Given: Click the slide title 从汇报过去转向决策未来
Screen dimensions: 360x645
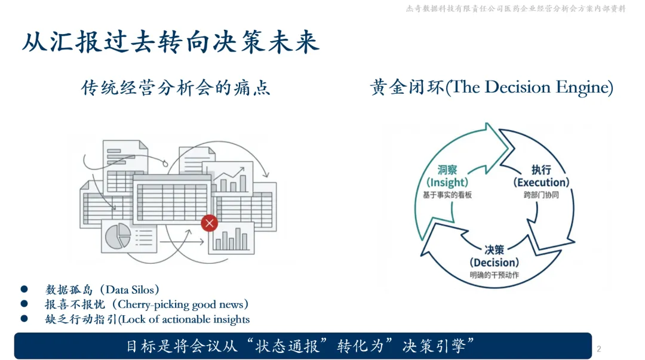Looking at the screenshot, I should [171, 43].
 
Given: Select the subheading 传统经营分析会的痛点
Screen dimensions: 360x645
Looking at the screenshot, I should [176, 88].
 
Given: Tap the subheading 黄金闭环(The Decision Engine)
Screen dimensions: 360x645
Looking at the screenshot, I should [492, 88].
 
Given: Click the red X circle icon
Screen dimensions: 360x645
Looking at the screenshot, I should [209, 223].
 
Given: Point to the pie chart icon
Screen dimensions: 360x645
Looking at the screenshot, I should [118, 236].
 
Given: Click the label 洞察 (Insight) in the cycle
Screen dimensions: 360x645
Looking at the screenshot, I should [447, 176].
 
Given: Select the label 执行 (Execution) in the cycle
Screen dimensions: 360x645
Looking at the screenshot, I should [541, 176].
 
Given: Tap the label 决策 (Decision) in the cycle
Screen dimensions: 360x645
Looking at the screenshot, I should [494, 257].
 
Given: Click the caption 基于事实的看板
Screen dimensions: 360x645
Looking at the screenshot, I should [447, 195].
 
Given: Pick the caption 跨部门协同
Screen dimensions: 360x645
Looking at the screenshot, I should [541, 195].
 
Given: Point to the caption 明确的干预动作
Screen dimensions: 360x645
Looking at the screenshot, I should [494, 275].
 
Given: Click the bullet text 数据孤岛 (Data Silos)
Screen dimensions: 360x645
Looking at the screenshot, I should [103, 290].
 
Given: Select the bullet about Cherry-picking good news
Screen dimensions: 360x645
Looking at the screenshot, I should [147, 304].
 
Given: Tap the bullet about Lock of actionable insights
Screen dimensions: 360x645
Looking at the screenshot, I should [148, 319].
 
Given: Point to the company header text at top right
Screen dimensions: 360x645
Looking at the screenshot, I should [515, 8].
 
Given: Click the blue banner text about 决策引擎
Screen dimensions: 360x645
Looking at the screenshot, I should [301, 346].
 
